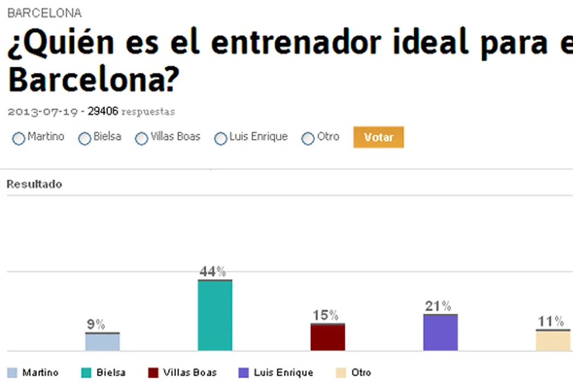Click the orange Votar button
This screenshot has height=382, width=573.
tap(378, 137)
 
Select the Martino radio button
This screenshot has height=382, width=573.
tap(19, 139)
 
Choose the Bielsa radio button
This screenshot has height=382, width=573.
tap(85, 139)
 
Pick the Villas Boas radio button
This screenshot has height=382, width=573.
tap(142, 139)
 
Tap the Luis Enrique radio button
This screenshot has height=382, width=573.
tap(220, 139)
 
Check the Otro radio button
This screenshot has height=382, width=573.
tap(308, 139)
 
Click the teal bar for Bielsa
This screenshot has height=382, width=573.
tap(215, 315)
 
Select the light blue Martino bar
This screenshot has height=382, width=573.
tap(103, 342)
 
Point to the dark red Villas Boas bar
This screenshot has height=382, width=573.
tap(327, 337)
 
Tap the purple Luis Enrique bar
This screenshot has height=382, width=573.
tap(440, 332)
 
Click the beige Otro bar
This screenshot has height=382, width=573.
tap(553, 341)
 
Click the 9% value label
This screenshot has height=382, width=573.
tap(96, 325)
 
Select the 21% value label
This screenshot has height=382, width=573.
tap(438, 306)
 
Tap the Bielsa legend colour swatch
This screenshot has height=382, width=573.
tap(86, 373)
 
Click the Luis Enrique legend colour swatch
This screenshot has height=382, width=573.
tap(243, 373)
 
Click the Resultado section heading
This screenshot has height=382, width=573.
tap(34, 184)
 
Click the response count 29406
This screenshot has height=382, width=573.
tap(103, 112)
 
